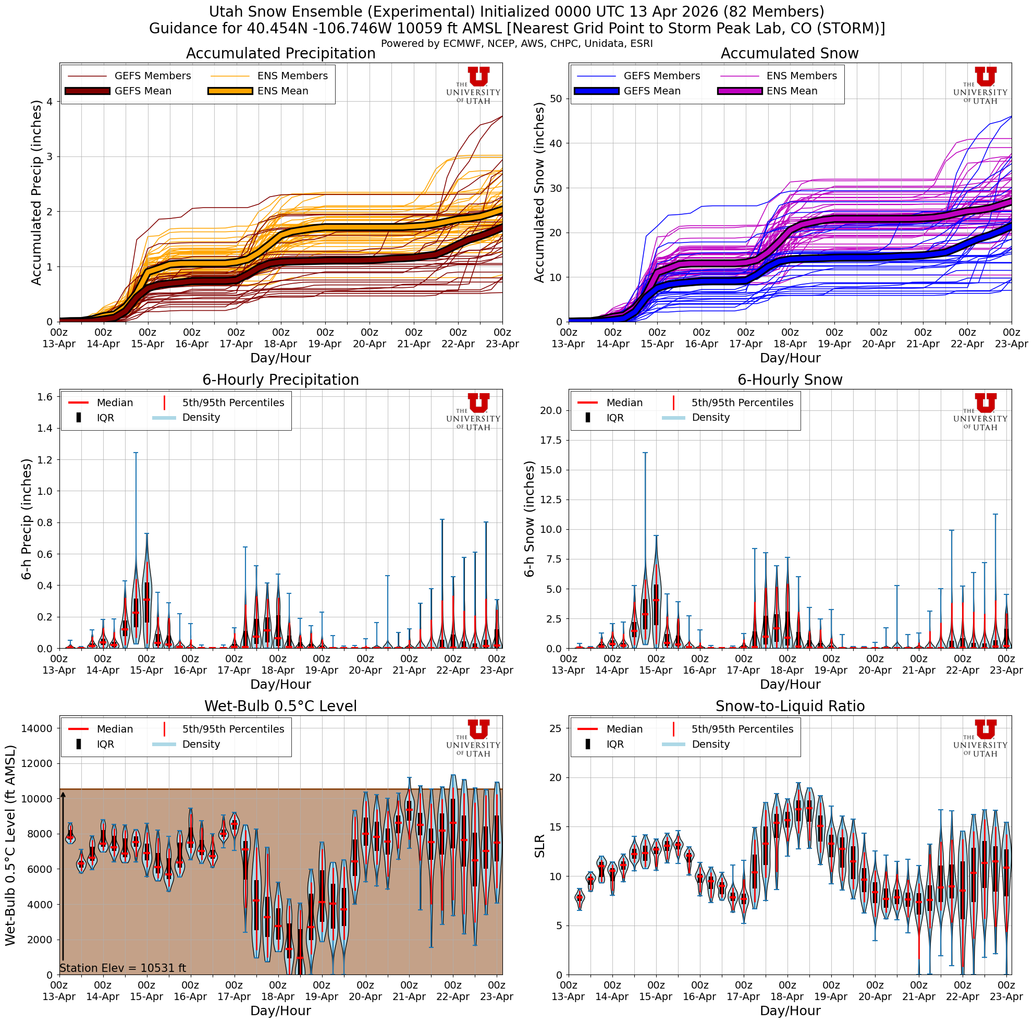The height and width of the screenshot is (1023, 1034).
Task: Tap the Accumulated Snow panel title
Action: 790,54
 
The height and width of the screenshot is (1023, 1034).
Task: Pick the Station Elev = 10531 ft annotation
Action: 122,968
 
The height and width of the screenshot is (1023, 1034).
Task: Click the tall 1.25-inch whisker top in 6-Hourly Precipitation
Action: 136,453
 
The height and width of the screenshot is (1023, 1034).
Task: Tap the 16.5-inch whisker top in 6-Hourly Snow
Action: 645,453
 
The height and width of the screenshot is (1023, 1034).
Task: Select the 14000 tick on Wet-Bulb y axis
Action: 37,728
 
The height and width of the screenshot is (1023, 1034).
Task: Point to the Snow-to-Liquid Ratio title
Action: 790,706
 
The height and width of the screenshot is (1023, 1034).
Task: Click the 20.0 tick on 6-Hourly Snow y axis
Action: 551,410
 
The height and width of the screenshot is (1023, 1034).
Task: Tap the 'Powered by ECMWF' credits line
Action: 516,43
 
